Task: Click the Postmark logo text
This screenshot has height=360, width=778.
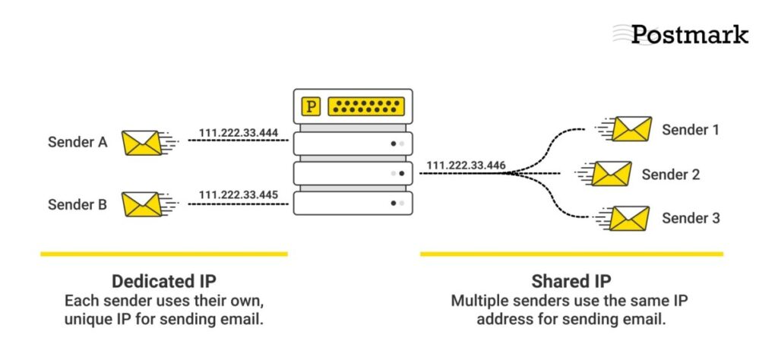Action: tap(689, 34)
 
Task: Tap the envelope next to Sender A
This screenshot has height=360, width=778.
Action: tap(142, 143)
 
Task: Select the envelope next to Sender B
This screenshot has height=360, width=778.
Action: tap(142, 204)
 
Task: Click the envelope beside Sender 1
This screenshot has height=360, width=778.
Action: tap(632, 129)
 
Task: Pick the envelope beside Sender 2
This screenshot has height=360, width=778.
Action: tap(612, 174)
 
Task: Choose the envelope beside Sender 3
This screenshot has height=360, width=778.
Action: tap(631, 219)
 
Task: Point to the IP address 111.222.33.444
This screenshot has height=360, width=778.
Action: tap(238, 133)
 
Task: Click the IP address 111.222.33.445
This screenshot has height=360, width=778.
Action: tap(238, 194)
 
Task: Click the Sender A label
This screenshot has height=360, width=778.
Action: tap(77, 142)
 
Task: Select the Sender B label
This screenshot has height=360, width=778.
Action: tap(77, 204)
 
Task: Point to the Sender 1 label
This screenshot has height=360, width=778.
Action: tap(690, 129)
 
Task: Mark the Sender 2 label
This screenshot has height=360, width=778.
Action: tap(670, 175)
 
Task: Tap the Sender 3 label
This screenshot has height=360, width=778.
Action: tap(690, 219)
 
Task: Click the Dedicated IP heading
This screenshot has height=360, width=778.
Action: tap(163, 280)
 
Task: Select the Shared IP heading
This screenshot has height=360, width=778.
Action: tap(571, 280)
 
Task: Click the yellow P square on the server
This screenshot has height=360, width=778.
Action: tap(311, 106)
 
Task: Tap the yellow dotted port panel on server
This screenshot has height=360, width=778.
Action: tap(365, 106)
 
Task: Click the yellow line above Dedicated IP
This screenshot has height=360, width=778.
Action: tap(163, 254)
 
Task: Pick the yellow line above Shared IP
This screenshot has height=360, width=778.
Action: tap(571, 254)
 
